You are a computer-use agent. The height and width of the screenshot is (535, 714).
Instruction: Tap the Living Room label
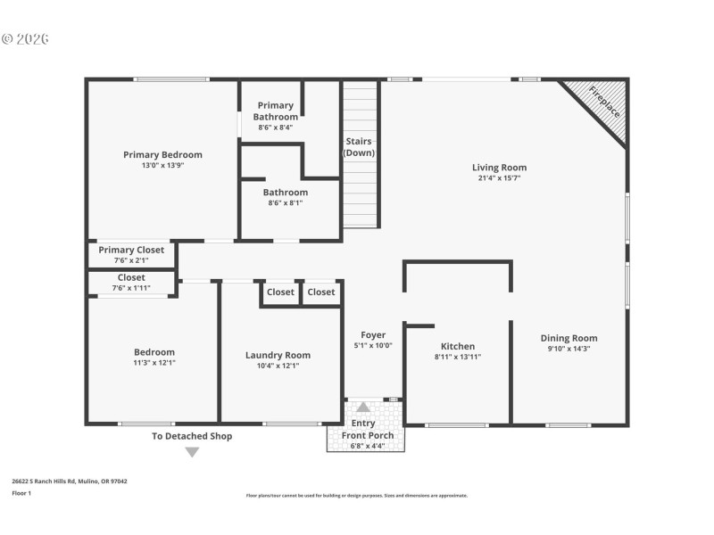499,168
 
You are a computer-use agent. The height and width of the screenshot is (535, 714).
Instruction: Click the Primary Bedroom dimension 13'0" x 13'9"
162,165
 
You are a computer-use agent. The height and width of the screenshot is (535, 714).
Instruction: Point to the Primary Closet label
131,250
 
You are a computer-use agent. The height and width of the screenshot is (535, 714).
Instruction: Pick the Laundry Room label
278,355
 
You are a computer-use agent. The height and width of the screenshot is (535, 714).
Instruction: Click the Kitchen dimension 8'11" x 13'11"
458,358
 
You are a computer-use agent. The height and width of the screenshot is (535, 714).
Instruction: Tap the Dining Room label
569,338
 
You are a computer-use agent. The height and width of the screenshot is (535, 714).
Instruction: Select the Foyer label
373,335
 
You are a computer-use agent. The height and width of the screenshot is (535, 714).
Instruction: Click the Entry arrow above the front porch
363,407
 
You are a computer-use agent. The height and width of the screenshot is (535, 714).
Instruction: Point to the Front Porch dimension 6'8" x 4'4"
368,445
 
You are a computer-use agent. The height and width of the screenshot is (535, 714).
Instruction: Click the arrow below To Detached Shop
191,452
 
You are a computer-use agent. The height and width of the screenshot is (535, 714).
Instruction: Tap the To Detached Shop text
191,436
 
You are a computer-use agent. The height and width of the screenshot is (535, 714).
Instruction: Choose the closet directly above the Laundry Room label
280,292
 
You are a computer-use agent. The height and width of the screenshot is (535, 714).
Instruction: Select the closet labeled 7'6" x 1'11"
131,287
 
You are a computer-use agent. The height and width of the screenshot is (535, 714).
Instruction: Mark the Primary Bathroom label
275,111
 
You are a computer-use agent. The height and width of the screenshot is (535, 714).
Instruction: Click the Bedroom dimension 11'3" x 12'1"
154,363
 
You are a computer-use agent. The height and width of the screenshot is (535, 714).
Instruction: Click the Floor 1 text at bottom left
21,492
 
